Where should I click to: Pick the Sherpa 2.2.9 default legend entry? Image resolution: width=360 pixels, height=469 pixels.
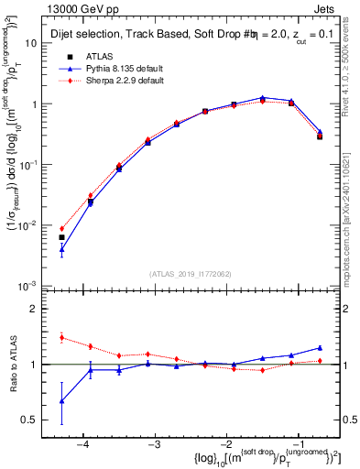[112, 81]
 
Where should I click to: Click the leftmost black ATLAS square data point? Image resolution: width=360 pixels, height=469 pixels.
[61, 237]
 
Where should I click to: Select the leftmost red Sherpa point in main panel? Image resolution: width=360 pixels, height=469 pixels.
[61, 229]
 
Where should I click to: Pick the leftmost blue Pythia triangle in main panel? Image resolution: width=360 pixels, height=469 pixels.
[61, 248]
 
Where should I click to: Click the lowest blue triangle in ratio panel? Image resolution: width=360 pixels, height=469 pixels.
[61, 400]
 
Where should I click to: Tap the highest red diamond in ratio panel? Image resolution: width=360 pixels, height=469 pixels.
[61, 337]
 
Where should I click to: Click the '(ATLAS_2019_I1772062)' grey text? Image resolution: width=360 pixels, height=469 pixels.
[191, 272]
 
